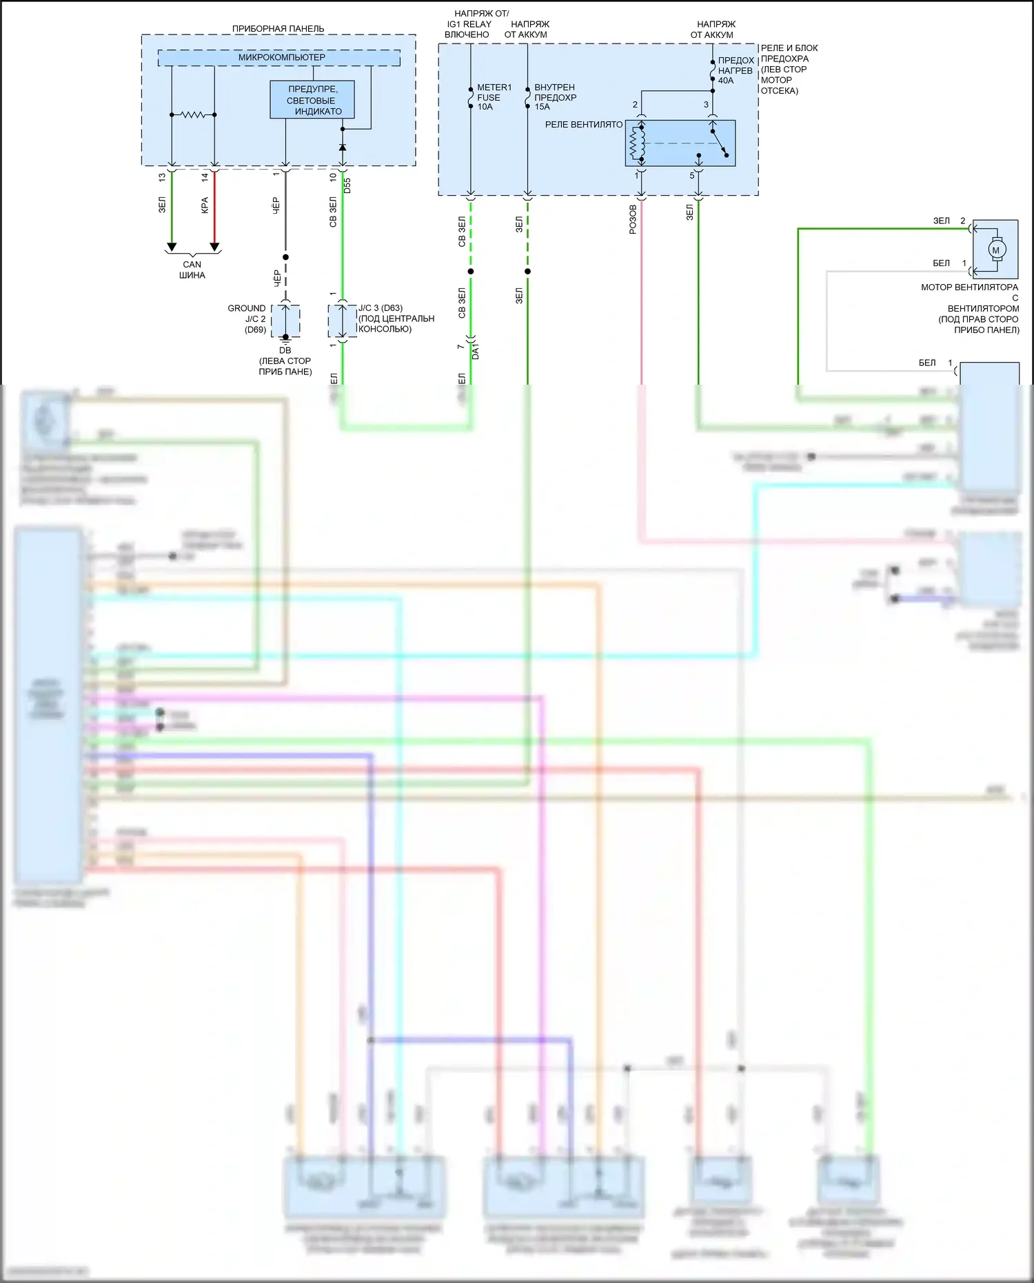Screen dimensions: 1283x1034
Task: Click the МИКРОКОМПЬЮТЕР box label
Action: (281, 57)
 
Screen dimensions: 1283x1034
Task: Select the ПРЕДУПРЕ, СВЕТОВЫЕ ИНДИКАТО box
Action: (312, 100)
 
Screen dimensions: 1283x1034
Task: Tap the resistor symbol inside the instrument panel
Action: (193, 115)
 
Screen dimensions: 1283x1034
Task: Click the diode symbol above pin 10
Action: (343, 147)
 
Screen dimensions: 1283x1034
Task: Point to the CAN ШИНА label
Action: (192, 270)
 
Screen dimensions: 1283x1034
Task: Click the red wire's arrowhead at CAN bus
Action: (214, 247)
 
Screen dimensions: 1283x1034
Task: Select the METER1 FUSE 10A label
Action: (494, 97)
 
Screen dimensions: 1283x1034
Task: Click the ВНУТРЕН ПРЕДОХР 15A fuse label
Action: (554, 97)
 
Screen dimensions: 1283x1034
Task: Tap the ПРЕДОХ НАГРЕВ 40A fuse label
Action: (735, 70)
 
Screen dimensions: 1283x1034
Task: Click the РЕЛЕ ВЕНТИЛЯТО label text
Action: (583, 125)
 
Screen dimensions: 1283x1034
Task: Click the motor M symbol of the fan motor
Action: (995, 250)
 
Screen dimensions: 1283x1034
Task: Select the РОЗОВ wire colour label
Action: (633, 220)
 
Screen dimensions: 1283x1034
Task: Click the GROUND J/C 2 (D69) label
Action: (247, 319)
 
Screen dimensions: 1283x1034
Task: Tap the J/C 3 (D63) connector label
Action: (395, 319)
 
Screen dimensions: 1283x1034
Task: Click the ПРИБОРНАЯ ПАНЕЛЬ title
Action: (278, 29)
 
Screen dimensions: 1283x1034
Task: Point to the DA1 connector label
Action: (475, 350)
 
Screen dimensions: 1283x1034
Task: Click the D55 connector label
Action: (347, 185)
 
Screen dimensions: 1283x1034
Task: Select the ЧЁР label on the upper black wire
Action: (276, 205)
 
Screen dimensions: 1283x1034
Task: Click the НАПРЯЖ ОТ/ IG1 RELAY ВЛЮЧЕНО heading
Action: (468, 24)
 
